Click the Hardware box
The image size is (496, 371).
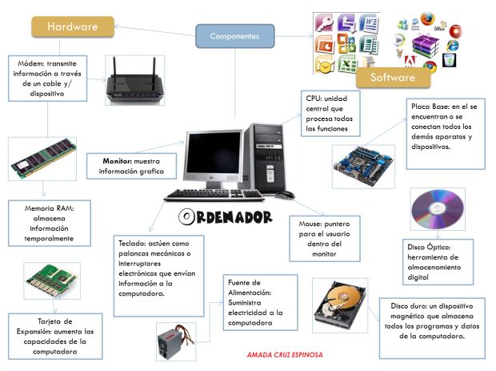tap(73, 26)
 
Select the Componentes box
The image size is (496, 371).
tap(234, 36)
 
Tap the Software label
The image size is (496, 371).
tap(392, 78)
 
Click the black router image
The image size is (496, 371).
tap(134, 81)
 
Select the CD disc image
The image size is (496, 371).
tap(436, 209)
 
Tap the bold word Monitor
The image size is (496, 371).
tap(117, 161)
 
